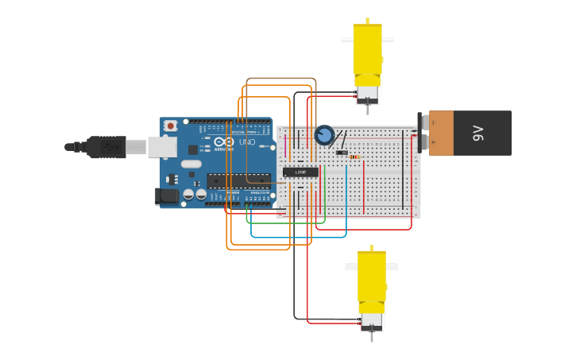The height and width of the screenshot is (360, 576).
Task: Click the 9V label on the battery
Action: (477, 133)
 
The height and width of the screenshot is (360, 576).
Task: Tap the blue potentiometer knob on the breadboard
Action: (324, 135)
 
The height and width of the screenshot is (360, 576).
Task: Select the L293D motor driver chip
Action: (300, 172)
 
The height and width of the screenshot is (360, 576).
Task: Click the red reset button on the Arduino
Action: (171, 126)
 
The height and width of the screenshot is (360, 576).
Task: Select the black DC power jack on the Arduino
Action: (167, 195)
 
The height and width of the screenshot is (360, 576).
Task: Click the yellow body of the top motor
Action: (367, 49)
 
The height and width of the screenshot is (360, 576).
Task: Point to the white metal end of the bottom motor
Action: (371, 321)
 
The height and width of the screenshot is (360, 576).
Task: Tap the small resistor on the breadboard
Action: (354, 157)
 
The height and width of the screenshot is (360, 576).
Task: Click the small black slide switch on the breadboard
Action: (342, 153)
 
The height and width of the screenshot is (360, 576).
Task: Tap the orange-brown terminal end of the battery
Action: (441, 133)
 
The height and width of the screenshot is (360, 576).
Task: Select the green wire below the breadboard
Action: (286, 222)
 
